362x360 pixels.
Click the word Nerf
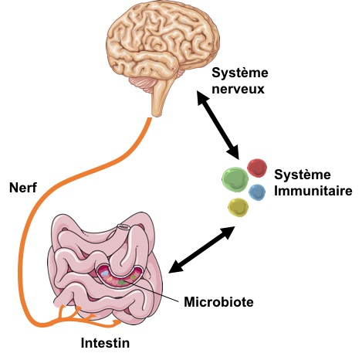pos(23,188)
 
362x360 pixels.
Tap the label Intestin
pos(105,343)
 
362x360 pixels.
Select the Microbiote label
pos(218,301)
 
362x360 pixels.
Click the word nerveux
pos(238,89)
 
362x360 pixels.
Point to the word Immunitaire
pos(313,191)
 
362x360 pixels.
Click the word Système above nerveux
pos(240,73)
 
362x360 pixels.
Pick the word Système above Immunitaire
pos(303,175)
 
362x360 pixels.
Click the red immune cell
pos(257,168)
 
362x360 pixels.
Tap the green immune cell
pos(235,179)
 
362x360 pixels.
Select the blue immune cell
pos(257,192)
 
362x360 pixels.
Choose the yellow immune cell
pos(239,207)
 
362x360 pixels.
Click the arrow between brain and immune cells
pos(218,124)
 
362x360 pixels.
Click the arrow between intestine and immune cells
pos(201,250)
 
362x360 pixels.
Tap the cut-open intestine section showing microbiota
pos(120,277)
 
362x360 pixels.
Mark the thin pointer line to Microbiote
pos(152,292)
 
